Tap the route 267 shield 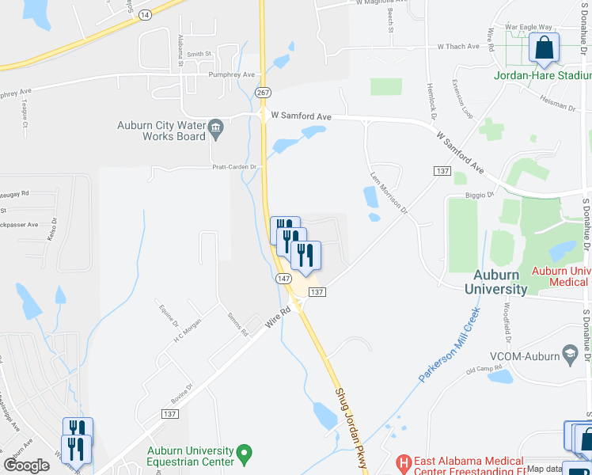click(263, 93)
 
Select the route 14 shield click(143, 15)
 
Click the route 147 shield click(284, 279)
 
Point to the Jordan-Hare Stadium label click(542, 77)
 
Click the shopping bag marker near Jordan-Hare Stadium click(545, 49)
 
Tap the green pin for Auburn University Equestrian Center click(245, 454)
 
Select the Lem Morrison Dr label click(389, 193)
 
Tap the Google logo click(27, 465)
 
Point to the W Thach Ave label click(458, 47)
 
